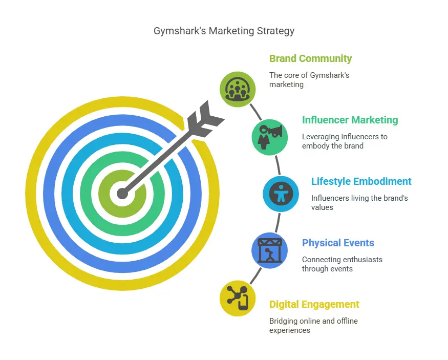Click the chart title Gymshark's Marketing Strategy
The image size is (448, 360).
click(224, 31)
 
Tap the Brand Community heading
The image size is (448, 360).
click(310, 58)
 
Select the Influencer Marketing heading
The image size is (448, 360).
click(350, 120)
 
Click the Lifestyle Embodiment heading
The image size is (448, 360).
click(361, 181)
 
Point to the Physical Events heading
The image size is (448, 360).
click(338, 243)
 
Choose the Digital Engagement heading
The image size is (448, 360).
click(314, 304)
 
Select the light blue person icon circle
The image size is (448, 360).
click(281, 194)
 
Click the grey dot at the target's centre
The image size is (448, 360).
click(122, 194)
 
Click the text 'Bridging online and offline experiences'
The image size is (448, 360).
click(313, 326)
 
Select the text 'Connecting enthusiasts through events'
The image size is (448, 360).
click(342, 264)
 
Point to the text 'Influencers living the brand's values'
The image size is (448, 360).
click(359, 202)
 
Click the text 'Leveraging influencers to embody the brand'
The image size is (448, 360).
click(345, 141)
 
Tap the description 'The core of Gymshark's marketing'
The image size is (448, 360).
click(309, 80)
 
